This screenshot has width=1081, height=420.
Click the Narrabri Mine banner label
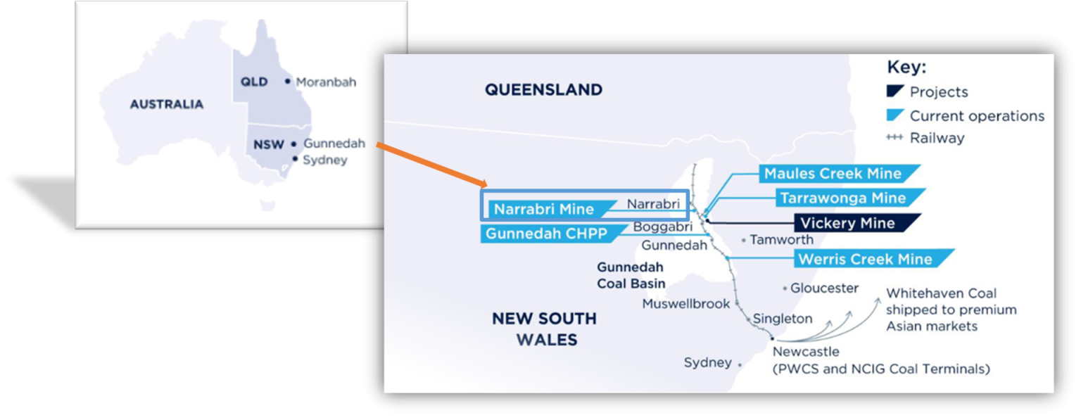click(543, 209)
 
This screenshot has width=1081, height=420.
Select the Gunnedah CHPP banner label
click(546, 234)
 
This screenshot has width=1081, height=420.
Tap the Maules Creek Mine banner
click(832, 174)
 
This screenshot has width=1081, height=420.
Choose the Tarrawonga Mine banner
click(842, 198)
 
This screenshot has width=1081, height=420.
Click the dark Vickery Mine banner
click(847, 223)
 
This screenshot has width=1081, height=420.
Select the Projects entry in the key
click(937, 92)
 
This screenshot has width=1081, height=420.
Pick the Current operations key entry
click(976, 115)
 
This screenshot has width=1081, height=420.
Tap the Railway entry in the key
click(936, 138)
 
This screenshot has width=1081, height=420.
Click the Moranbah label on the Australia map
click(325, 82)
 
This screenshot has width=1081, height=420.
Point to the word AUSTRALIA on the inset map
click(166, 104)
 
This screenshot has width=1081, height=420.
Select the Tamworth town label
click(780, 240)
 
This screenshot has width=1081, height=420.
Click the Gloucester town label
click(824, 288)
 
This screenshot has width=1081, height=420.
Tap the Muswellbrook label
click(685, 304)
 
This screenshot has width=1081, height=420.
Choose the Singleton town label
click(782, 319)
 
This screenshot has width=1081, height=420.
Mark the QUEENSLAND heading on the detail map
click(543, 90)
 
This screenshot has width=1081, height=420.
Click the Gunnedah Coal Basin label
click(631, 275)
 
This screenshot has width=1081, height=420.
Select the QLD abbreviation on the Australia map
click(254, 82)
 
